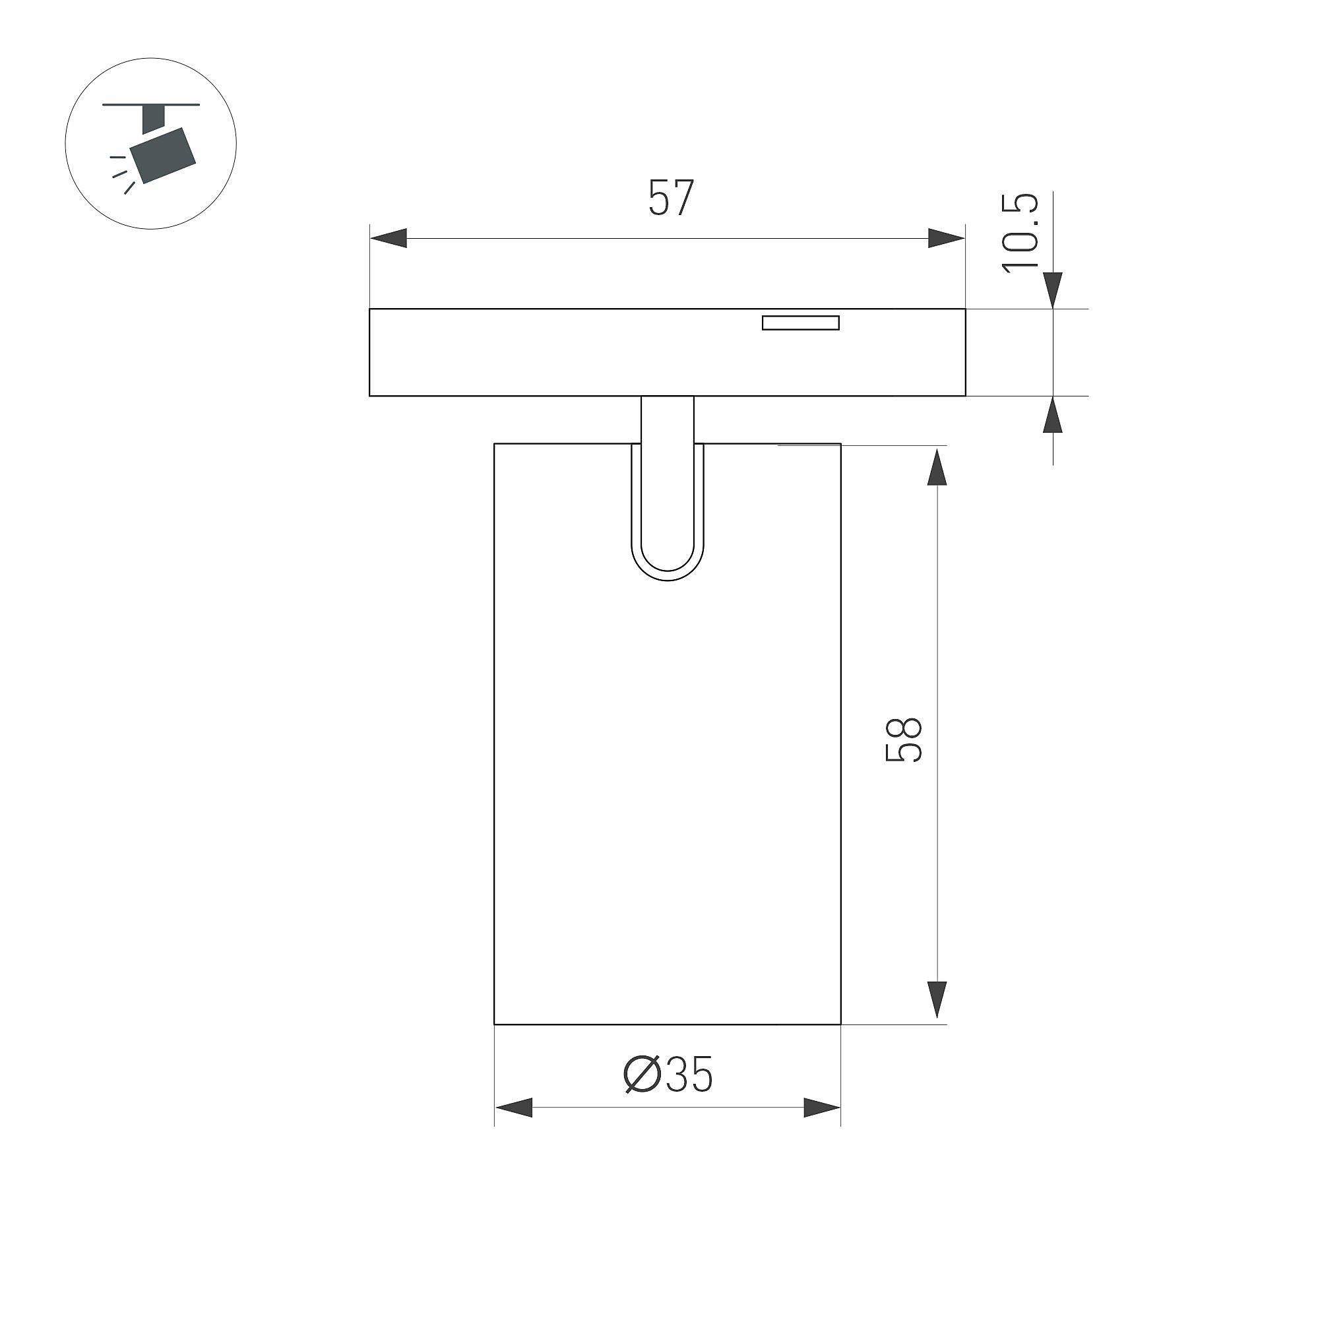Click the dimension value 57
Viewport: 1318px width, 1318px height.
coord(671,198)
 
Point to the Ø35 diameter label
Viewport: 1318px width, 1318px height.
coord(668,1075)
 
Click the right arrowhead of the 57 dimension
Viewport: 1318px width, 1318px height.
coord(947,239)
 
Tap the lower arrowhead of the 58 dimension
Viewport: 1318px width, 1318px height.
coord(937,1000)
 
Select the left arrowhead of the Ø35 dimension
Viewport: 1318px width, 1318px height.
coord(514,1107)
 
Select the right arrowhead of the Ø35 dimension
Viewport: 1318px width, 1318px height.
coord(822,1107)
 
